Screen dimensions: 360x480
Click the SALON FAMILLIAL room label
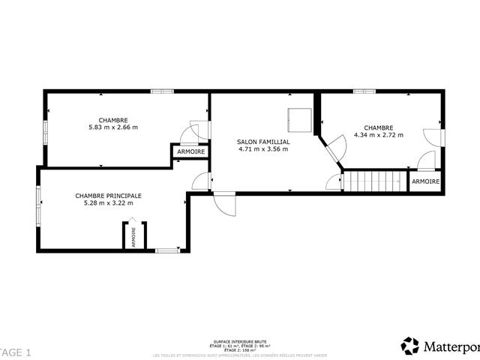click(x=262, y=141)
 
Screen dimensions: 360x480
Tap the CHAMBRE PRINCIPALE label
click(x=108, y=195)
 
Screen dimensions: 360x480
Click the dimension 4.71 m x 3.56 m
click(x=262, y=148)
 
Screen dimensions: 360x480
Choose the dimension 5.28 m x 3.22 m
click(x=108, y=202)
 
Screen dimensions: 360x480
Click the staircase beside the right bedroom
click(x=374, y=181)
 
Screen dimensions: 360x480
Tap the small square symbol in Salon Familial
click(x=299, y=118)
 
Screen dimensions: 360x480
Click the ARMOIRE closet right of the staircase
click(x=425, y=181)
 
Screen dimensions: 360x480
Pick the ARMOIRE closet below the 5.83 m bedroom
click(x=190, y=152)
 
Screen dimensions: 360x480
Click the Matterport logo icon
click(x=410, y=346)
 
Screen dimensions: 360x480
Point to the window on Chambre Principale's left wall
click(x=39, y=206)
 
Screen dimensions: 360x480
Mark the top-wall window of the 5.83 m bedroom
click(x=161, y=91)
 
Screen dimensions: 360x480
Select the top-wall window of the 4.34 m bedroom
click(x=364, y=91)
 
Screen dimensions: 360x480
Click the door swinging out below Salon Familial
click(x=223, y=202)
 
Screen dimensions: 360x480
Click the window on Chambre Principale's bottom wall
click(x=166, y=250)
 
